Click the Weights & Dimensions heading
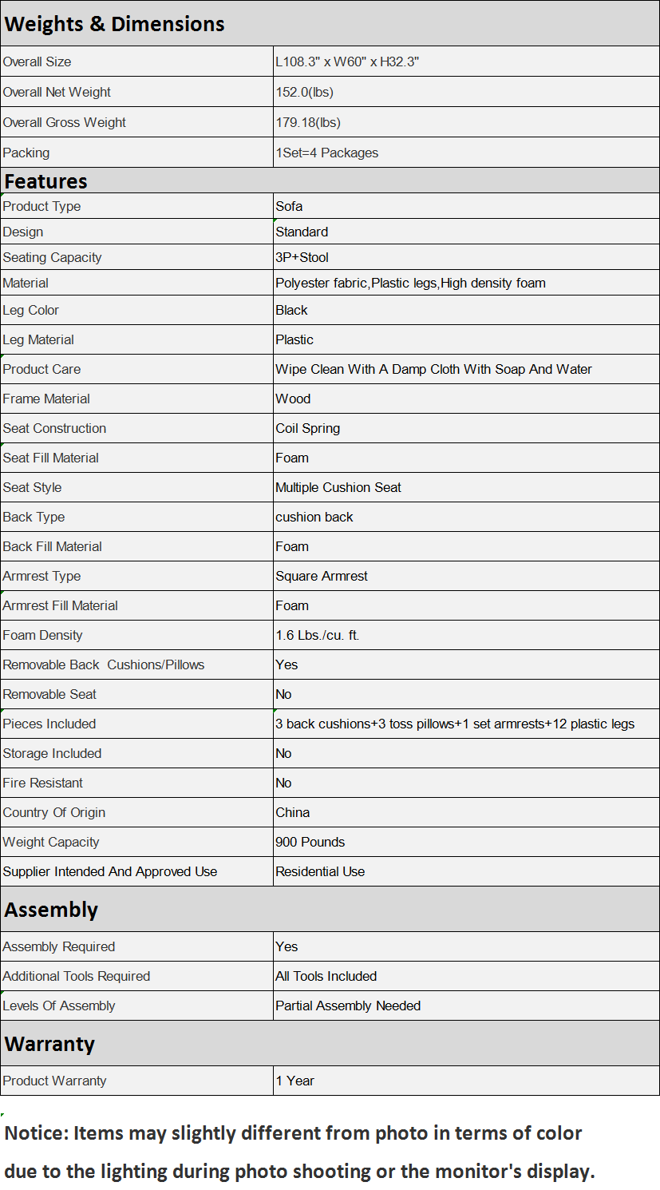(x=114, y=24)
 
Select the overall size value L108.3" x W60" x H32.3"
(x=347, y=61)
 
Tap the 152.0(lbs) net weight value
(x=304, y=92)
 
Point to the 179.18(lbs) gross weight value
(x=307, y=122)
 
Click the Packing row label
(x=26, y=153)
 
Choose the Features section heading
(x=45, y=181)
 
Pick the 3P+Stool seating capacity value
(x=302, y=257)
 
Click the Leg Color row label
(x=31, y=310)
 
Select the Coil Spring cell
(x=307, y=428)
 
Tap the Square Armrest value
(x=322, y=576)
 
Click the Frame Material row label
(x=46, y=399)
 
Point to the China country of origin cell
(x=292, y=812)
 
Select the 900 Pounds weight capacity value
(x=310, y=842)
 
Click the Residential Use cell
(x=320, y=871)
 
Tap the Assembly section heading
(x=51, y=910)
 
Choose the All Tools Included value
(x=326, y=976)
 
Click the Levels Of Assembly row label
(x=59, y=1006)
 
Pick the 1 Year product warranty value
(x=294, y=1081)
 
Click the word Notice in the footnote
(x=34, y=1133)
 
